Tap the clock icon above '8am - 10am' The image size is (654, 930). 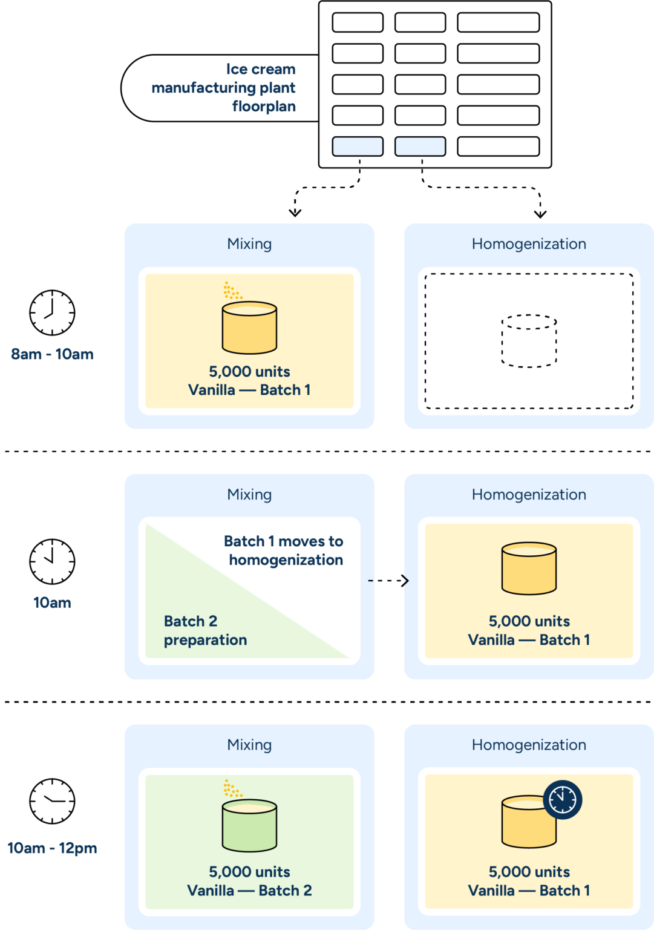[52, 312]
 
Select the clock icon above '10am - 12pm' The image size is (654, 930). [52, 801]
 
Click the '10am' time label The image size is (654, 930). [52, 602]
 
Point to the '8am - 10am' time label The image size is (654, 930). [52, 354]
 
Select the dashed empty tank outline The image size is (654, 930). [529, 341]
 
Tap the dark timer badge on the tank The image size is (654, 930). [563, 799]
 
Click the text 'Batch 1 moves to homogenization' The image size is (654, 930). [284, 550]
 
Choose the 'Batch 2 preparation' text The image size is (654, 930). [205, 630]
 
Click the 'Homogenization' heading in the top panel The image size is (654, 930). [529, 244]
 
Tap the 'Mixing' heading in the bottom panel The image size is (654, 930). [249, 745]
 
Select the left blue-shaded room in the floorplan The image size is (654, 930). [358, 147]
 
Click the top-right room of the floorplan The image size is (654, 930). [498, 22]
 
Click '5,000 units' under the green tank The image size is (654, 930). [249, 872]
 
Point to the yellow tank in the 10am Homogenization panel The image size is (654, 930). [529, 569]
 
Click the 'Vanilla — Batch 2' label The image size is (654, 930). [249, 891]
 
